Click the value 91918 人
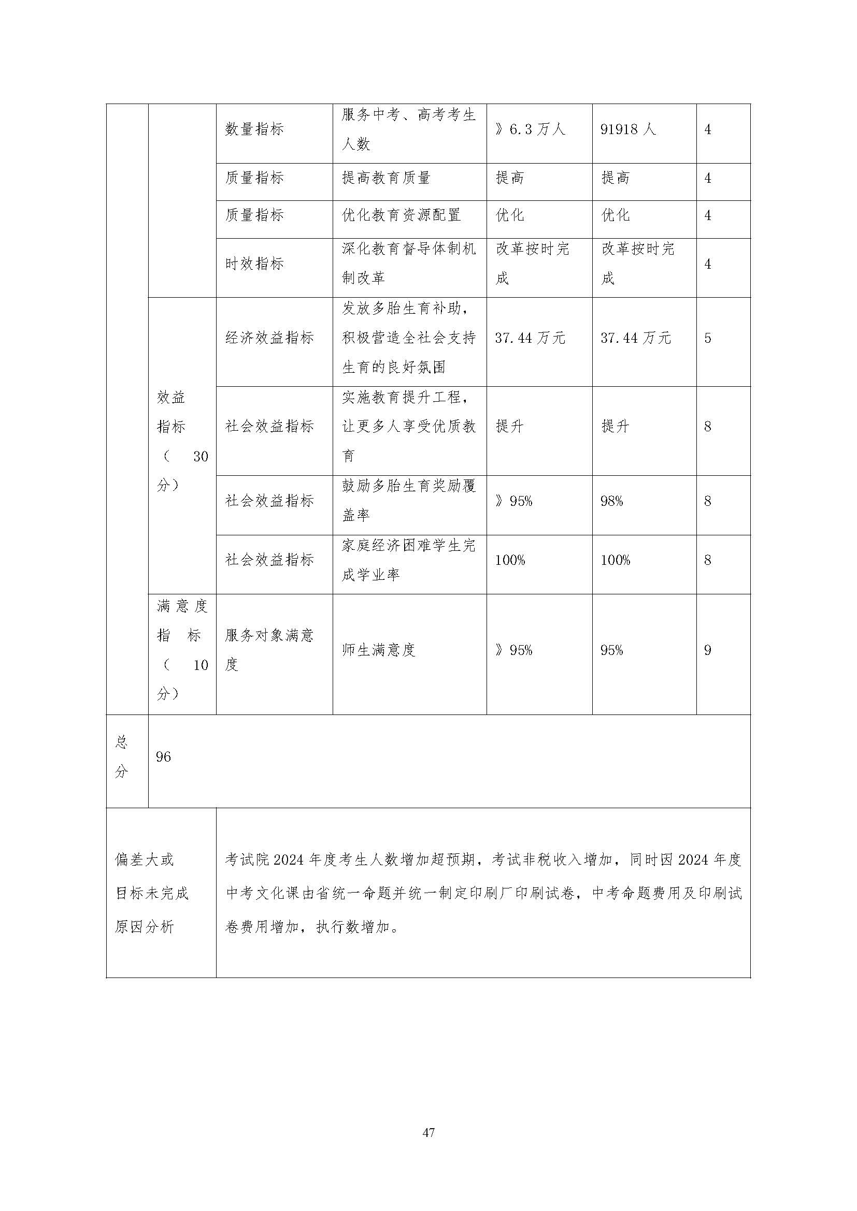coord(628,129)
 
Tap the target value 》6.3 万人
coord(530,129)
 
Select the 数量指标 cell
coord(254,129)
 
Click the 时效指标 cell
coord(254,263)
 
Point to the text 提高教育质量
coord(386,178)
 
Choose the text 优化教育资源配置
coord(401,215)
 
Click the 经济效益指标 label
coord(269,338)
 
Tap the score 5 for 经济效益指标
coord(708,338)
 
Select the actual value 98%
coord(611,501)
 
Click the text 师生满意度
coord(378,650)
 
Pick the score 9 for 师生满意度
coord(708,650)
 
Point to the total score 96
coord(164,757)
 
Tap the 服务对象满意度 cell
coord(269,650)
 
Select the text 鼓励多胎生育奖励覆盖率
coord(408,501)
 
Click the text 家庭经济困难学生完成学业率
coord(408,560)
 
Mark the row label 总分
coord(122,757)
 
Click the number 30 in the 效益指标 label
coord(201,457)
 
